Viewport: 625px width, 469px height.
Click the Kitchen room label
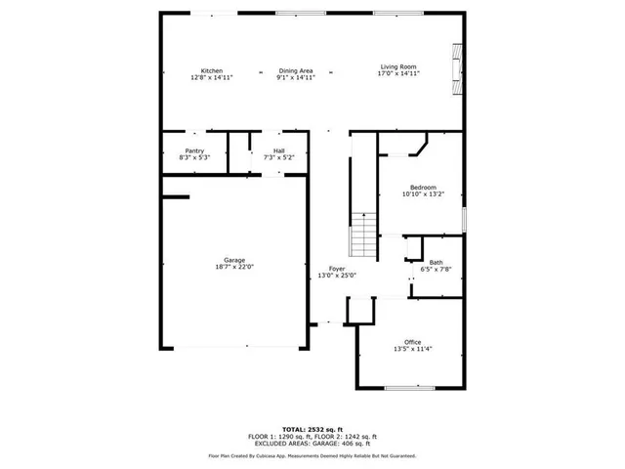[x=212, y=70]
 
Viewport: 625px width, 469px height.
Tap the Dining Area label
[x=295, y=70]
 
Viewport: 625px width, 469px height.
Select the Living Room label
[x=398, y=66]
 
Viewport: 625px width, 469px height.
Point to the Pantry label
[x=194, y=150]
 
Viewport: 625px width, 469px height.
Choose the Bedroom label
[x=423, y=188]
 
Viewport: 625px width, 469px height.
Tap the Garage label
[x=233, y=260]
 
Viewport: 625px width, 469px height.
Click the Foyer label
[x=337, y=269]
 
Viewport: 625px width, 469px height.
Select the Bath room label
[x=436, y=262]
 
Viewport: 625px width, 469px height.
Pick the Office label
[x=413, y=342]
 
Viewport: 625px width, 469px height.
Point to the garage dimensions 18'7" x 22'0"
[x=233, y=267]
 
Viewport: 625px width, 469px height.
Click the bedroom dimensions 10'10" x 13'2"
[x=423, y=194]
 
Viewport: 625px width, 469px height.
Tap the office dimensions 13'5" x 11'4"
[x=413, y=349]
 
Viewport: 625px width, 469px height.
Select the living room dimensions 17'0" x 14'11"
[x=398, y=73]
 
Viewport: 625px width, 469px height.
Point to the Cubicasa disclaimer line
[x=312, y=455]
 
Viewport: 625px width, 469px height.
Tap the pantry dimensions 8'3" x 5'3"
[x=194, y=157]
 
